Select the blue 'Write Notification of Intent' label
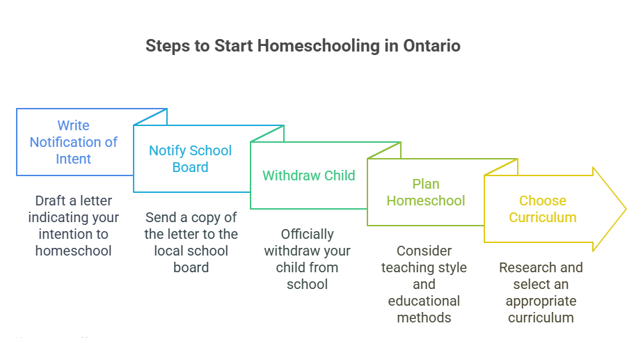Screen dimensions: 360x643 pyautogui.click(x=73, y=142)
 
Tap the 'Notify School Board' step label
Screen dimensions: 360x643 pyautogui.click(x=190, y=159)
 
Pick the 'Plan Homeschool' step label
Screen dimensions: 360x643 pyautogui.click(x=425, y=192)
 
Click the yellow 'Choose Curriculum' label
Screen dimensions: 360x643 pyautogui.click(x=542, y=209)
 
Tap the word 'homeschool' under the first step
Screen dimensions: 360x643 pyautogui.click(x=73, y=251)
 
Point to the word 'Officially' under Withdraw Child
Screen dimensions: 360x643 pyautogui.click(x=307, y=234)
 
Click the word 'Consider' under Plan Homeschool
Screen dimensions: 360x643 pyautogui.click(x=424, y=251)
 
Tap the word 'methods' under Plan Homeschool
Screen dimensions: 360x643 pyautogui.click(x=424, y=318)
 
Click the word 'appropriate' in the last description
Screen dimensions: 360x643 pyautogui.click(x=541, y=301)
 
